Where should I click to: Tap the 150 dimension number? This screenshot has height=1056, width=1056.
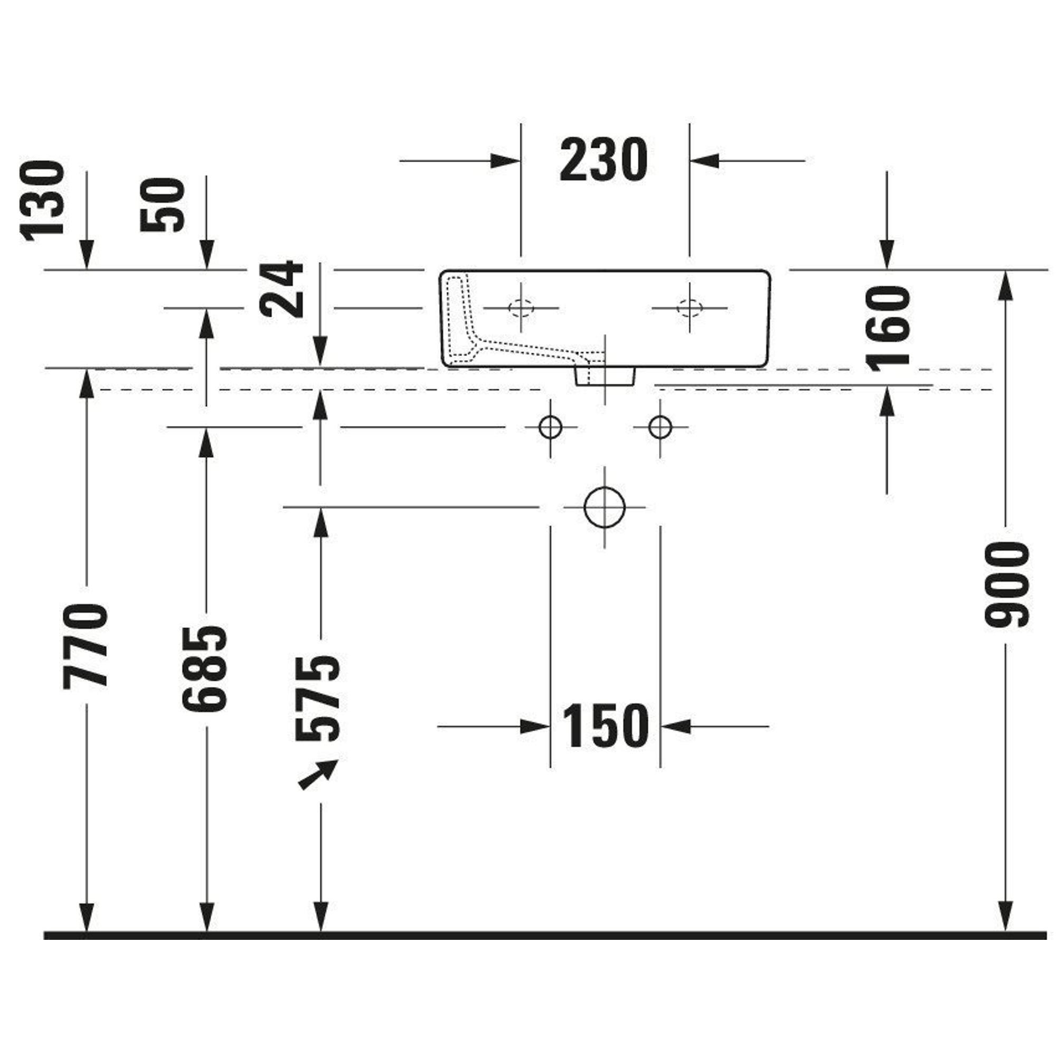point(605,726)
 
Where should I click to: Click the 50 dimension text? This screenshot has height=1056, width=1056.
point(163,205)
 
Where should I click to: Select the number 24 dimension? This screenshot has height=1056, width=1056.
point(282,289)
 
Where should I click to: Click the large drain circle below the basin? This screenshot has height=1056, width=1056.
point(604,507)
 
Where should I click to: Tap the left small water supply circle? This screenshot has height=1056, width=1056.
point(550,426)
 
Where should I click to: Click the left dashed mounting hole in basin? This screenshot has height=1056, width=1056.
point(521,308)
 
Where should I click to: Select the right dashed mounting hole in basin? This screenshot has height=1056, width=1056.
point(689,308)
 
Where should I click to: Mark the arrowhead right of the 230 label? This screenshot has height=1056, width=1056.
point(704,161)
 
